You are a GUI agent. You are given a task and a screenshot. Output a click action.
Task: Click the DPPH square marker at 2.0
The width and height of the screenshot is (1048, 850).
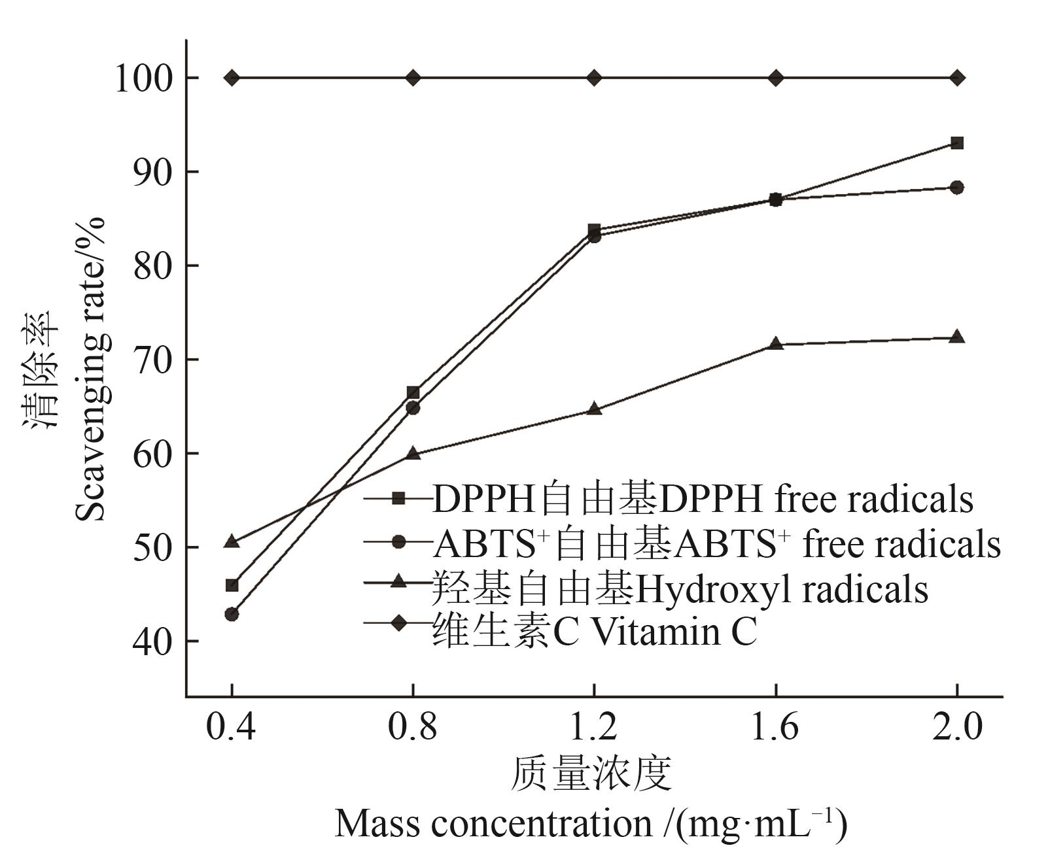[957, 143]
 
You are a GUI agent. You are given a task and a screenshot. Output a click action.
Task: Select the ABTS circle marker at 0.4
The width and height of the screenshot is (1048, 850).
[232, 614]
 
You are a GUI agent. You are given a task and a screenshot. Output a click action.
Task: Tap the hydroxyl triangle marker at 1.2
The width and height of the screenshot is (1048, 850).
[595, 409]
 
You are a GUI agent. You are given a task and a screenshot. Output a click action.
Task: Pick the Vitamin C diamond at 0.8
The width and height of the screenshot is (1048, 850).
[413, 78]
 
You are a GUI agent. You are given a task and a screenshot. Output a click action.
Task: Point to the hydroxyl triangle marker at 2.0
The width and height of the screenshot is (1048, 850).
[957, 337]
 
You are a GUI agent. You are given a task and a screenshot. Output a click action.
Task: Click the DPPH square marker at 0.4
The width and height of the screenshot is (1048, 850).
[232, 585]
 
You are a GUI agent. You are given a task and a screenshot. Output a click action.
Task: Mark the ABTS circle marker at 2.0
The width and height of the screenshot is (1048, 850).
[957, 188]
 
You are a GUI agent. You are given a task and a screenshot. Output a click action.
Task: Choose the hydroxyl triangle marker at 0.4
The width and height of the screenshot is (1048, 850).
[232, 541]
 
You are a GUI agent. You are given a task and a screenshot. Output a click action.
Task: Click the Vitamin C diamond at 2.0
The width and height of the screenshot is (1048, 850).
[957, 78]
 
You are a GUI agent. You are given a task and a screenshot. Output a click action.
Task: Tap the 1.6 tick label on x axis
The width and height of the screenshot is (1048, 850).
[775, 727]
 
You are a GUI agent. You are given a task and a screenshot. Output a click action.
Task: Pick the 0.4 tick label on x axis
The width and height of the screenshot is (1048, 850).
[231, 727]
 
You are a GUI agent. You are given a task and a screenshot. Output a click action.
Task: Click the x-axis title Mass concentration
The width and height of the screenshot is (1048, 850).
[591, 823]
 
